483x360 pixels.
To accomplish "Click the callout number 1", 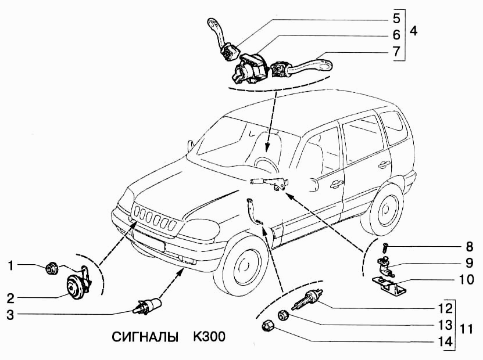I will [10, 266].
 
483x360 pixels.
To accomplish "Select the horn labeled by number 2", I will [74, 285].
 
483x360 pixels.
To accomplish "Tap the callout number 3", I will [10, 315].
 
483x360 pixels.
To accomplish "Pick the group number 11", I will [465, 329].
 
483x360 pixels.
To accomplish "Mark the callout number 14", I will [445, 341].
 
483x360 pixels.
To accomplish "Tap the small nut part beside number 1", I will [52, 268].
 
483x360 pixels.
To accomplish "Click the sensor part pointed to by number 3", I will [147, 305].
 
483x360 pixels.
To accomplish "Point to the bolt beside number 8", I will [385, 247].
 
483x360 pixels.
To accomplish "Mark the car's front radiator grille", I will [153, 220].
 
